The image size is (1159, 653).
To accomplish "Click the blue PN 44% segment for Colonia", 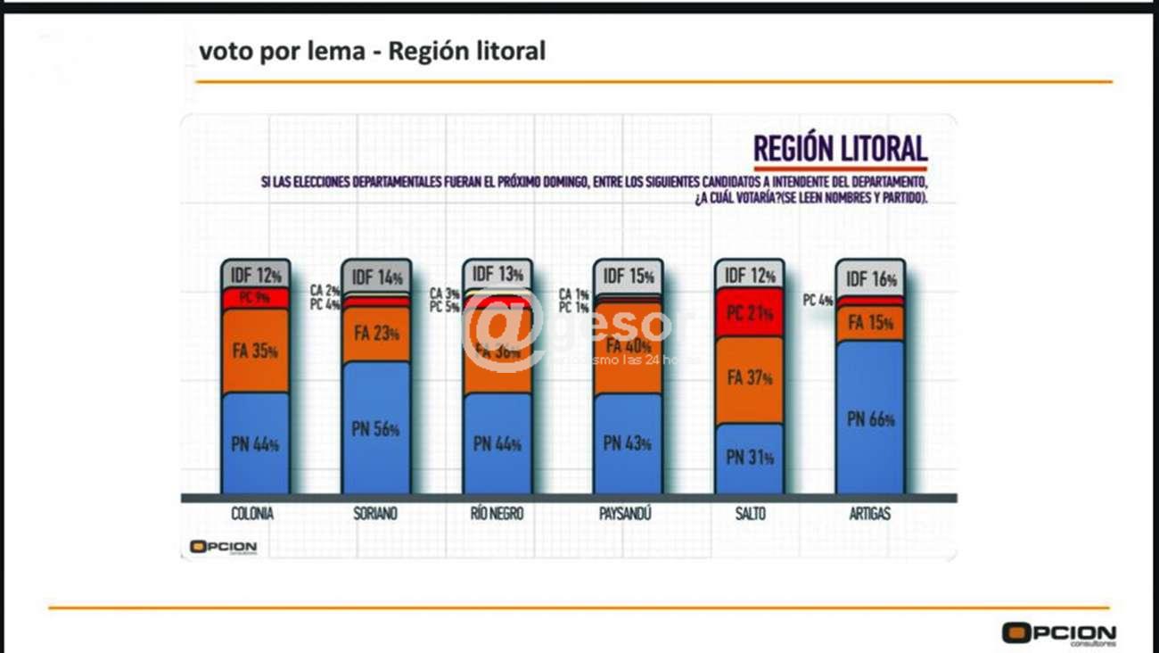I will tap(255, 443).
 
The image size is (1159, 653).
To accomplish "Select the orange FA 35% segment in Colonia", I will tap(255, 351).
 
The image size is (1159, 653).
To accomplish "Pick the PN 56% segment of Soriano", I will tap(375, 428).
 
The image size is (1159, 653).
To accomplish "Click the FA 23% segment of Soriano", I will tap(375, 335).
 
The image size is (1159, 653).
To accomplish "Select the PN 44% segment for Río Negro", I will tap(497, 443).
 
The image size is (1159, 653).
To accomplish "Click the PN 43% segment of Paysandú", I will tap(628, 443).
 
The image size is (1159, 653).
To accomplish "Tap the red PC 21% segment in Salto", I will tap(749, 313).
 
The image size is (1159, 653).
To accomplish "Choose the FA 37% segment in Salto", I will tap(749, 378).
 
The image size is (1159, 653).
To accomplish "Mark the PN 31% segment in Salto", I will tap(749, 458).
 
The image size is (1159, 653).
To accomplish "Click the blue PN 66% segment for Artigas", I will tap(869, 418).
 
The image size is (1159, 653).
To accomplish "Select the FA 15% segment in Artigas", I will tap(869, 324).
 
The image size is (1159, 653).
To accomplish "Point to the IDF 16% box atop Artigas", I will tap(869, 279).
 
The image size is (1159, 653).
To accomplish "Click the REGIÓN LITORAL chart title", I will tap(840, 148).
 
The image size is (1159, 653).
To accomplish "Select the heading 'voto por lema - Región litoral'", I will tap(372, 51).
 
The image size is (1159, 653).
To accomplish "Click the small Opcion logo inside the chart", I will tap(222, 547).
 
